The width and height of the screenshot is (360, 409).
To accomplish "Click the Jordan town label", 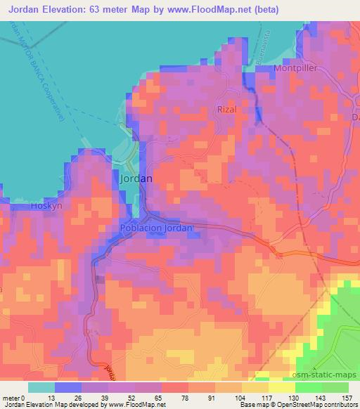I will point(136,179).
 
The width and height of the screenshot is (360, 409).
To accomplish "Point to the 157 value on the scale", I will point(348,397).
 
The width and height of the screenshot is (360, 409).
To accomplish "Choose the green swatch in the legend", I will point(307,387).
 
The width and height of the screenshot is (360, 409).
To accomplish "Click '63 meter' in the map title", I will point(112,10).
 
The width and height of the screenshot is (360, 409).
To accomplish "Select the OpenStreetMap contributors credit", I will point(311,405).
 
